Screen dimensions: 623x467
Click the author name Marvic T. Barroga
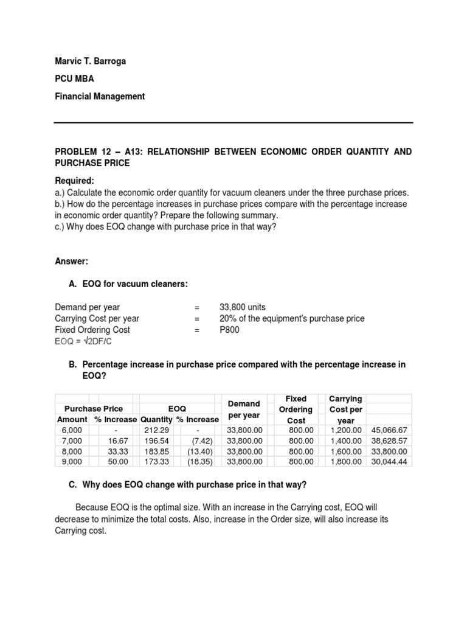[x=91, y=61]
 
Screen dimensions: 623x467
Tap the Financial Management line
[x=100, y=96]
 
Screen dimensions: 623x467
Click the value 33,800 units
[x=243, y=307]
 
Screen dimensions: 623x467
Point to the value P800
[x=229, y=330]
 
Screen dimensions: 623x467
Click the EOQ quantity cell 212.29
[x=155, y=430]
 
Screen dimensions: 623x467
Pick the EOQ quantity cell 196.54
[x=155, y=440]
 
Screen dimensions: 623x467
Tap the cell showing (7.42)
[x=201, y=440]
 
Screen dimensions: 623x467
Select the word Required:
[x=75, y=181]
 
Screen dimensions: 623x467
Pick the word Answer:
[x=72, y=261]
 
